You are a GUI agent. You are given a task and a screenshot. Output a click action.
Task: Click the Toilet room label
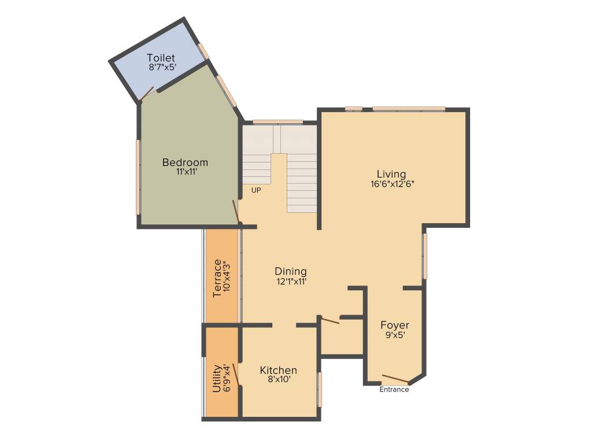161,58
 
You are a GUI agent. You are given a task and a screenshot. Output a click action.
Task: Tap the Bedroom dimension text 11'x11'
185,172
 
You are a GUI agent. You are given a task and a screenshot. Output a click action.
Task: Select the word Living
391,174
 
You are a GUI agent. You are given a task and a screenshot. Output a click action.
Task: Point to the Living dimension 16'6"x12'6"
393,184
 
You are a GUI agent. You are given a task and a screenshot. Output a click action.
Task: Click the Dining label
290,271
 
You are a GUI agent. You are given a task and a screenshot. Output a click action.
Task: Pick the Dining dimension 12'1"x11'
291,282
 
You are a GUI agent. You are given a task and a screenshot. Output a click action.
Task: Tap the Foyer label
395,325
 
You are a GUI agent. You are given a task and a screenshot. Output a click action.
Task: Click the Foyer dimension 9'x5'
395,335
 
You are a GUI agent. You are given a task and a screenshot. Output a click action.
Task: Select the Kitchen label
278,370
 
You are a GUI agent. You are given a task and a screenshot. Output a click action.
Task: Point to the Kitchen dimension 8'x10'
278,380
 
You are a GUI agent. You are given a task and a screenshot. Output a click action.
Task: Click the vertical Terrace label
217,279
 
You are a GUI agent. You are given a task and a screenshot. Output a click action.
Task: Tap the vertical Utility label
217,378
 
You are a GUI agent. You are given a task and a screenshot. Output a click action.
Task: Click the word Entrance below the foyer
394,390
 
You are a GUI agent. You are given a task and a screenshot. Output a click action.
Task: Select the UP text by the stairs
256,190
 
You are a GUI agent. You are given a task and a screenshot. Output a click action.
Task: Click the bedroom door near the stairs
236,211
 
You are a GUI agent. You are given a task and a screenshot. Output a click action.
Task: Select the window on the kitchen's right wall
320,389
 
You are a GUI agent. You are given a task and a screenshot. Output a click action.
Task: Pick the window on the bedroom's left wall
138,177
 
